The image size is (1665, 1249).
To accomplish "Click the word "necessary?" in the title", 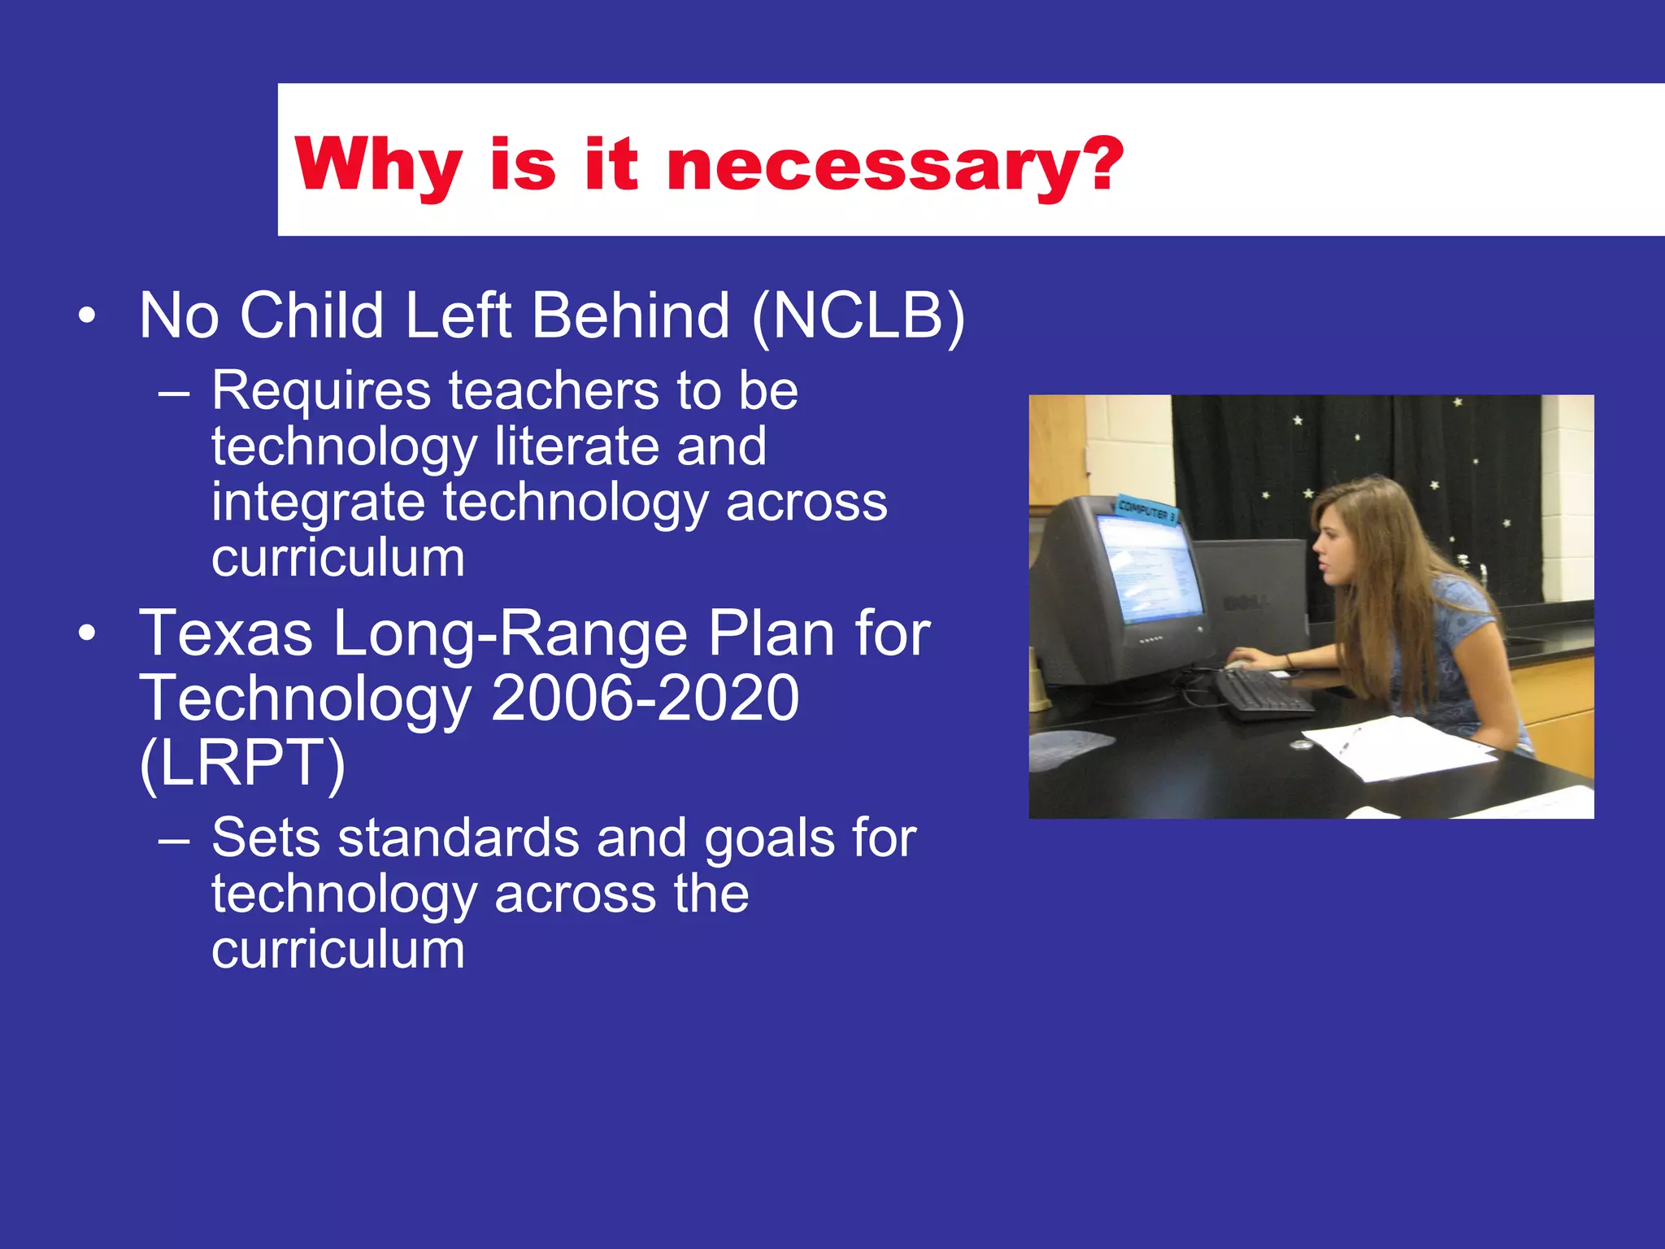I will point(894,165).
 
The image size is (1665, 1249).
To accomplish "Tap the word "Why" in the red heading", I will point(379,165).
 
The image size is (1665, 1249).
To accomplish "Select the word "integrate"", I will point(318,503).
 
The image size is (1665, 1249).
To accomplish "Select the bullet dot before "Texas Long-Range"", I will point(87,634).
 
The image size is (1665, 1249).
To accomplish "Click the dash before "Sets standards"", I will point(174,839).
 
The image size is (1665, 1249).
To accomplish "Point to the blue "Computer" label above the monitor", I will point(1146,509).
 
